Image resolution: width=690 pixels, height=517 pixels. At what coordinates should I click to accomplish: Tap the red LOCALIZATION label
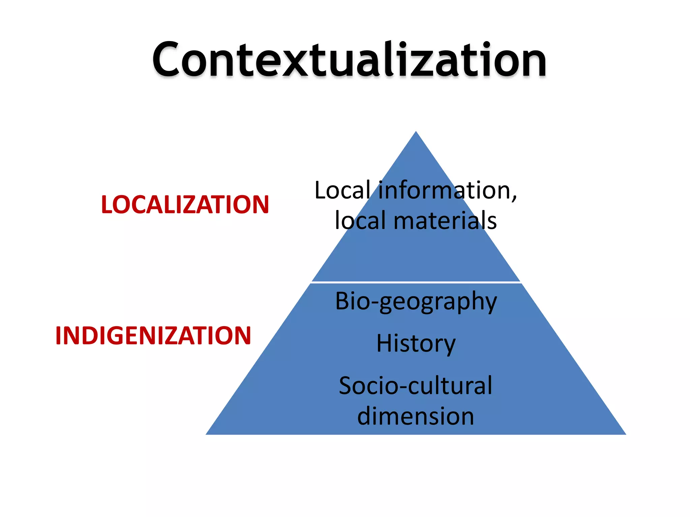(x=185, y=205)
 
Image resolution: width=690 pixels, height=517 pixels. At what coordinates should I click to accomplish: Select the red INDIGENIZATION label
(x=153, y=336)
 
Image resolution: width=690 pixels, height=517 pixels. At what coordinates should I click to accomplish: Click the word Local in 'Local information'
(x=342, y=191)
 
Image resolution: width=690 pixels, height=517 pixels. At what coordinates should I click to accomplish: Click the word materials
(x=445, y=221)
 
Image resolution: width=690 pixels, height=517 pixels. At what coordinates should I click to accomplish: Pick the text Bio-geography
(x=416, y=301)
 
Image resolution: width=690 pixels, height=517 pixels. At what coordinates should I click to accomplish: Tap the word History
(x=416, y=344)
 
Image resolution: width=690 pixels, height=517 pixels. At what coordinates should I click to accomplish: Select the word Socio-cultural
(x=415, y=386)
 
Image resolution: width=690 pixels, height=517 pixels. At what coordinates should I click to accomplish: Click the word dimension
(x=415, y=416)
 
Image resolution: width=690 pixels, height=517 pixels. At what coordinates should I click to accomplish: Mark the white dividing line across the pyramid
(x=416, y=282)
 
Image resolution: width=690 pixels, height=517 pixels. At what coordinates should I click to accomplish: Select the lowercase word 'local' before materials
(x=360, y=221)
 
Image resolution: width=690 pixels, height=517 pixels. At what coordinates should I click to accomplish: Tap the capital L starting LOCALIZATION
(x=107, y=205)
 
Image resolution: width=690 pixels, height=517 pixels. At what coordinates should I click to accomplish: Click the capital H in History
(x=384, y=344)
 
